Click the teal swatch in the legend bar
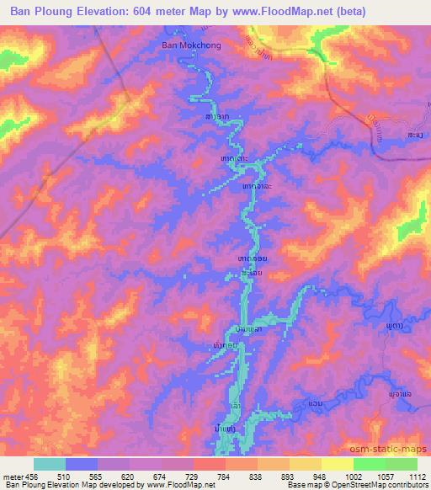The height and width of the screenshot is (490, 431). point(50,464)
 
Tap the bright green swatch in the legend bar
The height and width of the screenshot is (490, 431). point(370,464)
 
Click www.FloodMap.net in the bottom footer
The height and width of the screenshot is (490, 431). point(169,485)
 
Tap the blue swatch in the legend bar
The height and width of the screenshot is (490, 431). point(82,464)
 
